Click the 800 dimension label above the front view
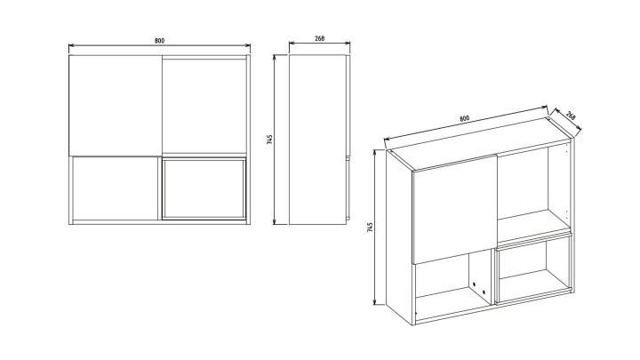coord(159,40)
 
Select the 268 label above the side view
coord(320,38)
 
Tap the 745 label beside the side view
coord(269,140)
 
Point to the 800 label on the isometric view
coord(465,119)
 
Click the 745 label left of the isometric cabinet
coord(370,228)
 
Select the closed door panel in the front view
coord(116,105)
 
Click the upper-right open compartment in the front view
coord(204,106)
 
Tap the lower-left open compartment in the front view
coord(115,188)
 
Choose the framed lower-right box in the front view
coord(204,189)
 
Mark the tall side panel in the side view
coord(317,140)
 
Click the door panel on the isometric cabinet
coord(455,209)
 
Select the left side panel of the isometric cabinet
coord(400,236)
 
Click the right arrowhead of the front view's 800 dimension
coord(247,45)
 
